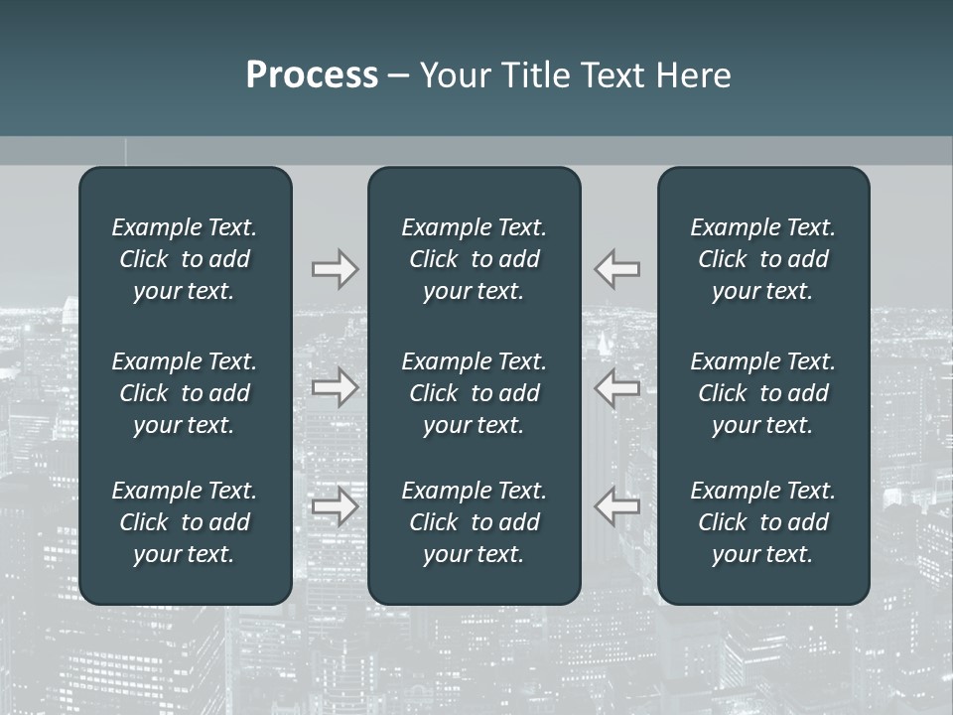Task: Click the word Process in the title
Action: [312, 75]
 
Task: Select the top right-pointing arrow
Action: [335, 268]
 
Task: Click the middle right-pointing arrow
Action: [335, 387]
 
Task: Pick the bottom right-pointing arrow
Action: [335, 506]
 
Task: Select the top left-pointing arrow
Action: [617, 268]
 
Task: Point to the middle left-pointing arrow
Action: [617, 387]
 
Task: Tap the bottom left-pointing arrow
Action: [617, 506]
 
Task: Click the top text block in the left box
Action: [185, 259]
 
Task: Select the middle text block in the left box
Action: [185, 393]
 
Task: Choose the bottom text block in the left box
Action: [185, 522]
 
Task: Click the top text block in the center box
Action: [475, 259]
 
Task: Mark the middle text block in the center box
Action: [475, 393]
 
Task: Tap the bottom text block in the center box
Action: [475, 522]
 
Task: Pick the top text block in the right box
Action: [763, 259]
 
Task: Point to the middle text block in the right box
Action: [763, 393]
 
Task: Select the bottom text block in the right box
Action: [763, 522]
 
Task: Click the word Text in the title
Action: [613, 75]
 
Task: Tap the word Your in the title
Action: [453, 75]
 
